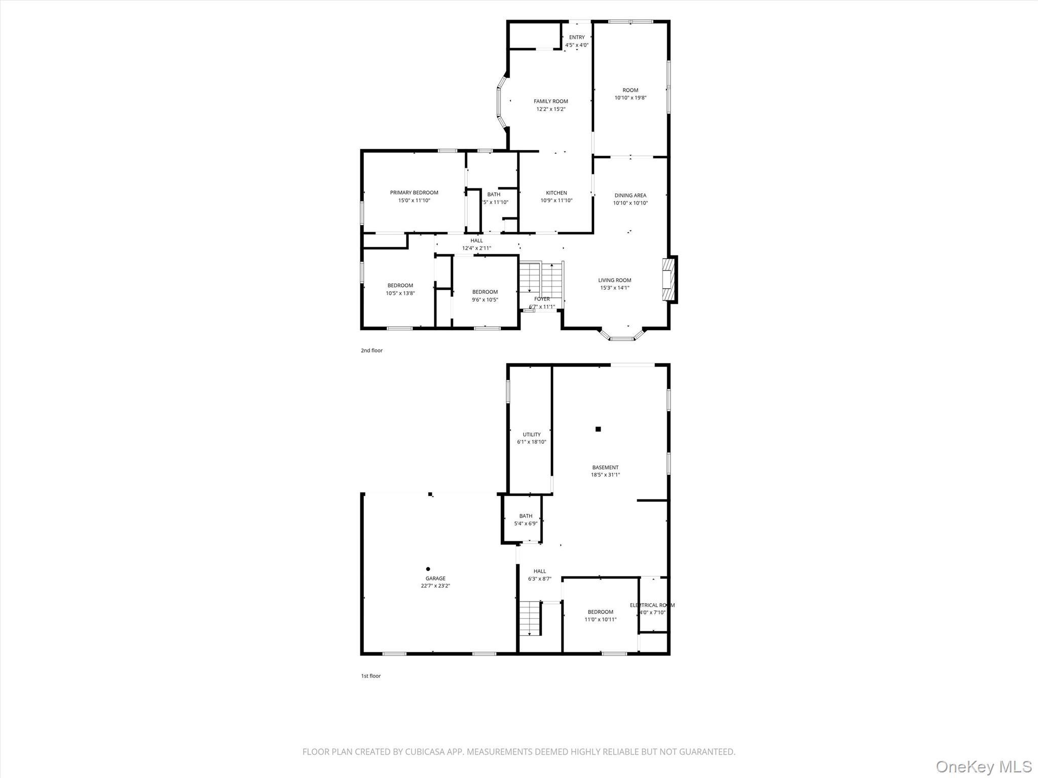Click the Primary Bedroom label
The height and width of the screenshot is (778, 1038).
click(x=414, y=192)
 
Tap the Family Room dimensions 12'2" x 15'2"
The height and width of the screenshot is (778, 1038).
click(x=551, y=109)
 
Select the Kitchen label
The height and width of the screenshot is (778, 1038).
click(x=556, y=193)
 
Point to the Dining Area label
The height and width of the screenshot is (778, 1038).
click(x=630, y=196)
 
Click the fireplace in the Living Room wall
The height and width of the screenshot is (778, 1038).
click(x=669, y=280)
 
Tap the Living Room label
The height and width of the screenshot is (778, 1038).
click(x=614, y=280)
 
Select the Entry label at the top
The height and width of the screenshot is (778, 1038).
click(x=577, y=37)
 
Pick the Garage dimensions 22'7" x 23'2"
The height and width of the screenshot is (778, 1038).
click(x=435, y=586)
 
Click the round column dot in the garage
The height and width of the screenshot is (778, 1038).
click(x=428, y=569)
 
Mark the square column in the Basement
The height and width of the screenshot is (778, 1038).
click(x=598, y=429)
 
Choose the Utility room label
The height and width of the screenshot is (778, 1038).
click(x=532, y=435)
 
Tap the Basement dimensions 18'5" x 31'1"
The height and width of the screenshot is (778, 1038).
click(x=605, y=475)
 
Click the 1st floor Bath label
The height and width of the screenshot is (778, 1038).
click(x=526, y=516)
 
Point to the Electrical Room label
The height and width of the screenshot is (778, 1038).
click(x=652, y=605)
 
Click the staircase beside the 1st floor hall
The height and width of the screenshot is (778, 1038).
click(x=530, y=618)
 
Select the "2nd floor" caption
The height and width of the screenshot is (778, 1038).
click(x=372, y=351)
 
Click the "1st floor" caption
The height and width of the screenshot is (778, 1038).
click(x=370, y=676)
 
